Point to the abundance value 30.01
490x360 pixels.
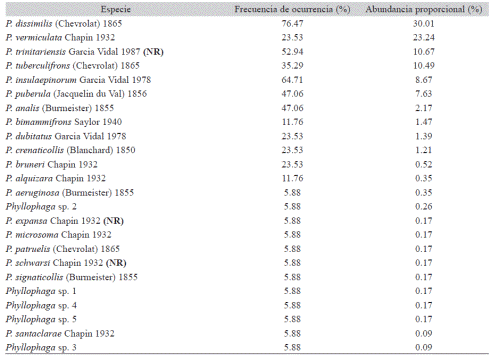[427, 23]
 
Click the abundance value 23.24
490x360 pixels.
[427, 37]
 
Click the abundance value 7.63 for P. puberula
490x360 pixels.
[429, 93]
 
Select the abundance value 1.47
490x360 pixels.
[429, 121]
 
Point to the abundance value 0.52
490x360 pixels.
[429, 163]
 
